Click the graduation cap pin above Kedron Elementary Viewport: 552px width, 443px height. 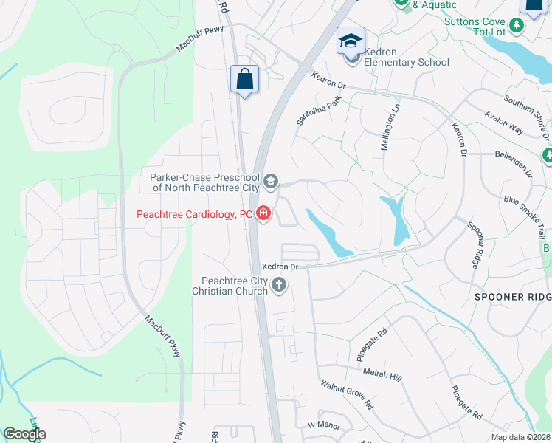click(351, 39)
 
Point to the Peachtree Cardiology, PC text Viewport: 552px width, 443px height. click(195, 215)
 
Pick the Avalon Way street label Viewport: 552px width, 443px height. click(504, 123)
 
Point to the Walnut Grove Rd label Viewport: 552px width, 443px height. click(347, 395)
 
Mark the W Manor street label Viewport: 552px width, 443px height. click(322, 425)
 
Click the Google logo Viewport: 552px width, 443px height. click(25, 434)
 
